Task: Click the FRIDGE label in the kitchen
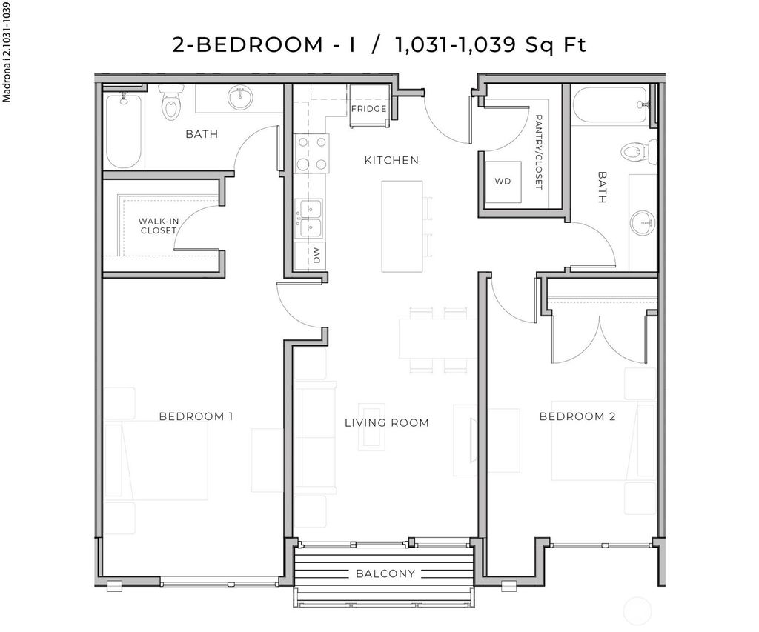[368, 109]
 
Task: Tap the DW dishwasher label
[316, 256]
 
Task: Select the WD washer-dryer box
[503, 181]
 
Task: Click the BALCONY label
[385, 573]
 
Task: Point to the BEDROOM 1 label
[196, 416]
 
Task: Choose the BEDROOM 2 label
[577, 416]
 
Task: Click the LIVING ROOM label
[387, 423]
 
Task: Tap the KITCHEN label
[391, 160]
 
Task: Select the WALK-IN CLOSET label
[159, 226]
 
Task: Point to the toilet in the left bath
[171, 104]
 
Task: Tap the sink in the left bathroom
[240, 98]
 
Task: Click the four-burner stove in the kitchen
[311, 153]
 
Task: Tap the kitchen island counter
[402, 225]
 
